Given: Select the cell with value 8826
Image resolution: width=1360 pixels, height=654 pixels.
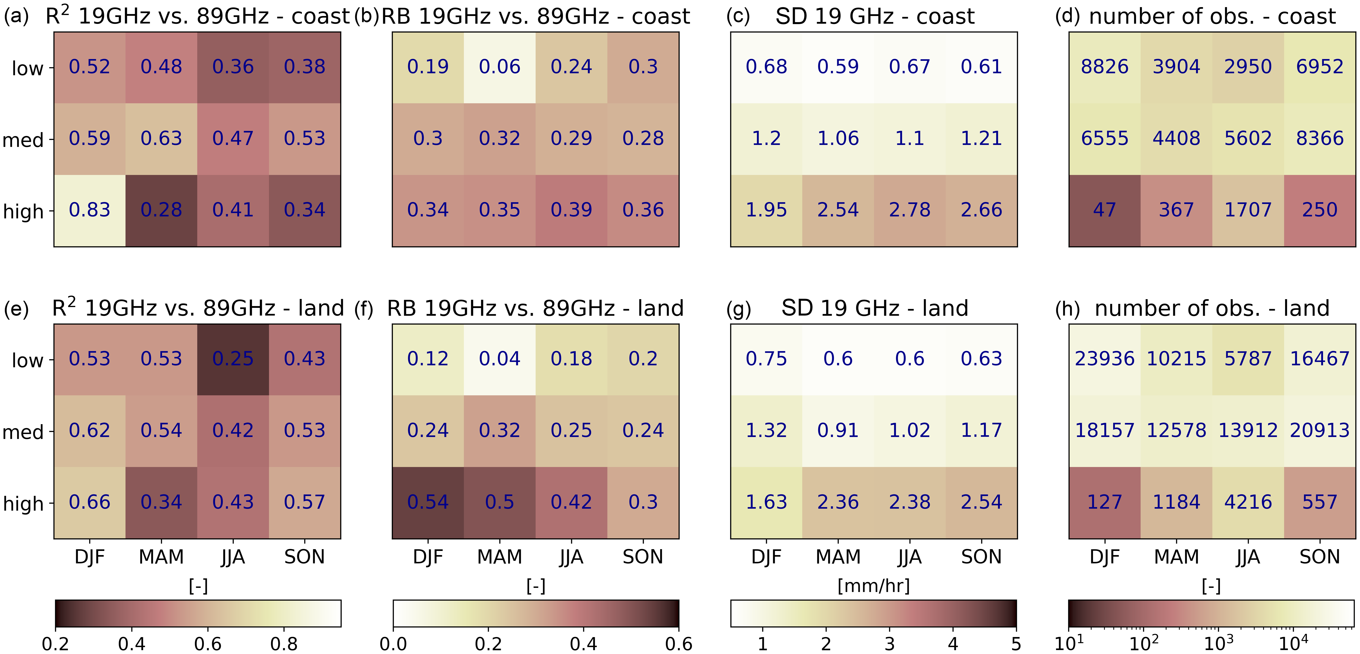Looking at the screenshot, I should point(1104,67).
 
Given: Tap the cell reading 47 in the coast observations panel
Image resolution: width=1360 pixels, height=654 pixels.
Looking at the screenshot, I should point(1104,210).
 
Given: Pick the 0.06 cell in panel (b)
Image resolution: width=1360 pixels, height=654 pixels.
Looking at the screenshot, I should point(499,67).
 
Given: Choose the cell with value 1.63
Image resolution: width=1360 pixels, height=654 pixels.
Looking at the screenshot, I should point(766,502).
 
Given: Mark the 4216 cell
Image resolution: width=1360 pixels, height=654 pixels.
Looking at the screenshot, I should point(1248,502).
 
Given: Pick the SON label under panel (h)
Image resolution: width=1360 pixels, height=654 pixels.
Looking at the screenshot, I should point(1319,557).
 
